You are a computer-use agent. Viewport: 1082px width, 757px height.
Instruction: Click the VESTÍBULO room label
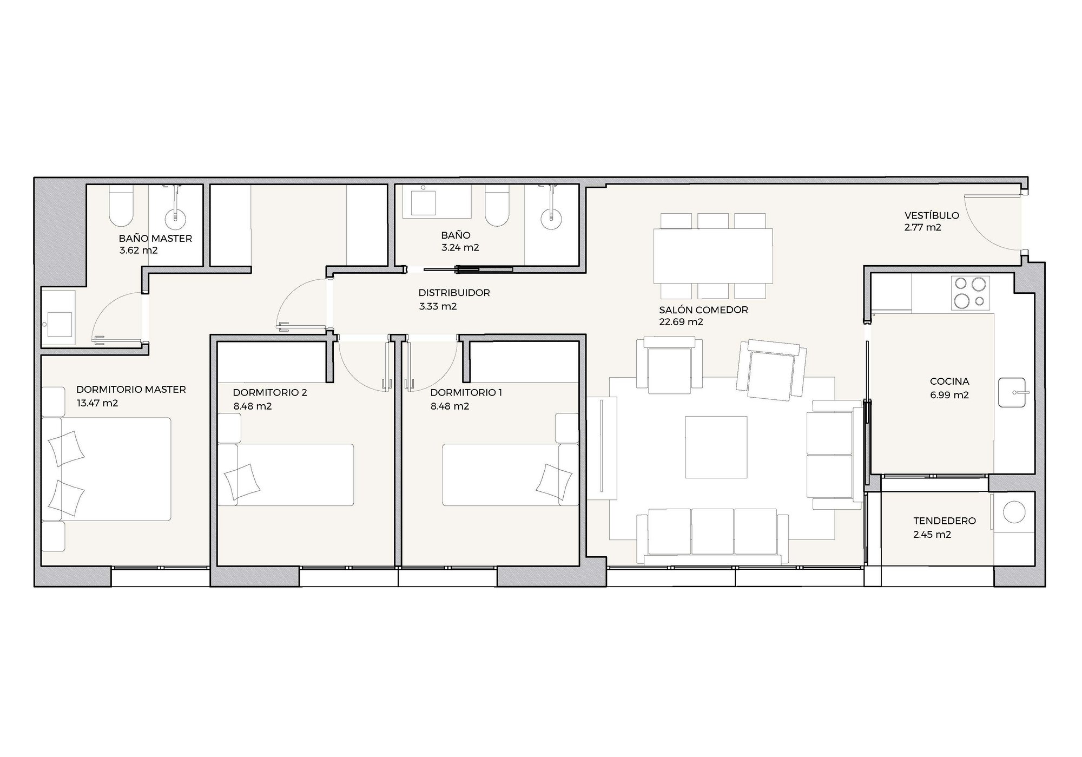pos(932,215)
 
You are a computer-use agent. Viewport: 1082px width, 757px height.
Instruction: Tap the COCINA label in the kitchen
pos(949,381)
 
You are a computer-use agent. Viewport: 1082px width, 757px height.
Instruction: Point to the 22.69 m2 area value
pos(681,322)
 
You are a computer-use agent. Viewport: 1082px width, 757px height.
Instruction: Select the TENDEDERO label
pos(945,521)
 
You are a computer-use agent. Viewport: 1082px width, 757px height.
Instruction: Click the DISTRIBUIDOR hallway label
pos(454,293)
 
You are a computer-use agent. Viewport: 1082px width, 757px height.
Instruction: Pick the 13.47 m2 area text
pos(97,403)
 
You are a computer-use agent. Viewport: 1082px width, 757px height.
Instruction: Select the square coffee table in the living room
pos(716,447)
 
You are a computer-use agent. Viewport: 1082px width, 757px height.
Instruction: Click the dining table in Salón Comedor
pos(713,256)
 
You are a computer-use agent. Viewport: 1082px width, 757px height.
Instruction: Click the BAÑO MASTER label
pos(155,239)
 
